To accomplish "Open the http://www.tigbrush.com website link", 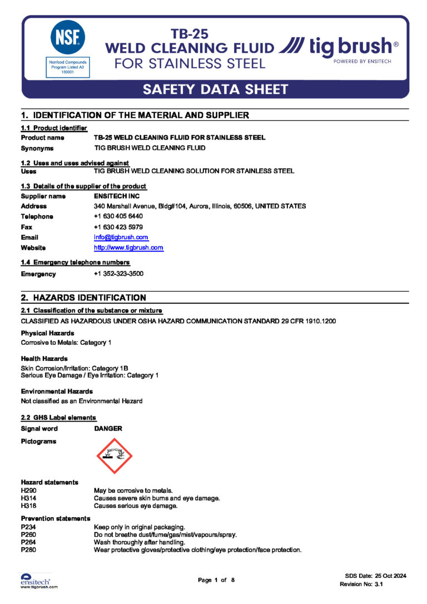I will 128,247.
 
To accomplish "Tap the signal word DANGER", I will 108,429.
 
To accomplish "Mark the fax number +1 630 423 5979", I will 118,227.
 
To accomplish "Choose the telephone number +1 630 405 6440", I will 118,216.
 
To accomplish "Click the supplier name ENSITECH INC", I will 117,196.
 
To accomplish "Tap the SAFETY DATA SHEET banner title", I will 215,89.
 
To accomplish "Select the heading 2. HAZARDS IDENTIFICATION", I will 83,298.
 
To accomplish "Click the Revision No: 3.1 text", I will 361,585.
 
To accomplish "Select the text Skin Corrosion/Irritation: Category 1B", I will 75,368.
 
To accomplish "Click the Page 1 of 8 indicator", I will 216,580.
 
